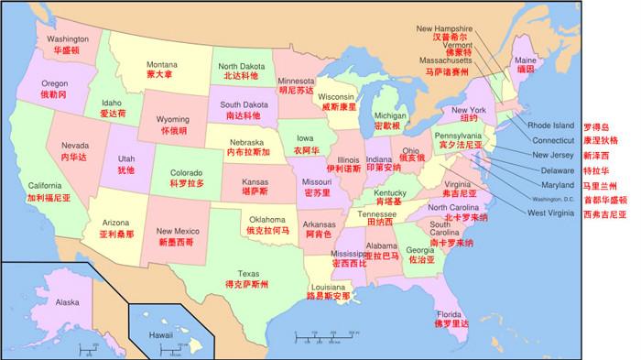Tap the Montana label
tap(162, 64)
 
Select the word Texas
tap(247, 273)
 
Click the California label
tap(45, 185)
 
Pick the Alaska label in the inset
tap(68, 301)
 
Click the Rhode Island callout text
tap(550, 125)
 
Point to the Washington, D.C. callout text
tap(552, 199)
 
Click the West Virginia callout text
tap(552, 213)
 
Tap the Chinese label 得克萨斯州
tap(247, 285)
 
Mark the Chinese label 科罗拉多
tap(187, 183)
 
